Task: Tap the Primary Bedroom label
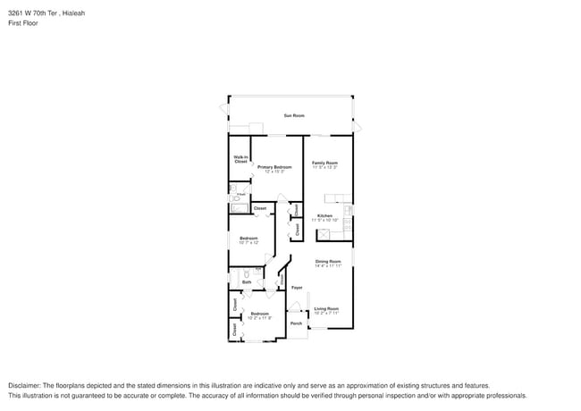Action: click(274, 167)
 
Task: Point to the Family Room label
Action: click(324, 163)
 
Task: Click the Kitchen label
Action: click(324, 215)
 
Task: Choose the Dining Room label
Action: click(328, 261)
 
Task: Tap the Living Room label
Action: click(326, 308)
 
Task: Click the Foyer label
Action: click(297, 288)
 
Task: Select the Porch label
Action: click(296, 323)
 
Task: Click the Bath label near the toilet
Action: click(247, 282)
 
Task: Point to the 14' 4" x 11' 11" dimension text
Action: click(328, 265)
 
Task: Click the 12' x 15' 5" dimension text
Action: click(274, 172)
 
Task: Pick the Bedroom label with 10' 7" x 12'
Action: click(248, 238)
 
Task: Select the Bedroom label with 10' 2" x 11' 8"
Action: click(260, 313)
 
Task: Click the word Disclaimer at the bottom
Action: click(26, 384)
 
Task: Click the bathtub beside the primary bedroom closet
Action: click(239, 209)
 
